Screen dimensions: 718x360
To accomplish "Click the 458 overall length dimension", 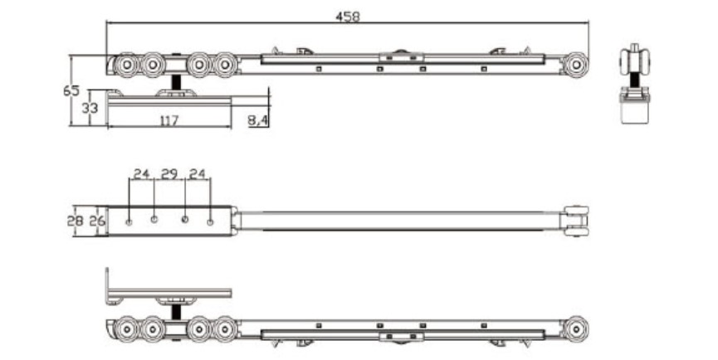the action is pyautogui.click(x=348, y=17).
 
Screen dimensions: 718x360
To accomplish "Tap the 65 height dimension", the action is pyautogui.click(x=71, y=90).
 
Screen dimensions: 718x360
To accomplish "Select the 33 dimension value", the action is pyautogui.click(x=90, y=109).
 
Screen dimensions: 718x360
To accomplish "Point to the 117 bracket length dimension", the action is pyautogui.click(x=169, y=121).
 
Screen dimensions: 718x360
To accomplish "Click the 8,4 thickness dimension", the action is pyautogui.click(x=258, y=120).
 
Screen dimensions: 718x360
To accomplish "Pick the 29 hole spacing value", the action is pyautogui.click(x=169, y=174).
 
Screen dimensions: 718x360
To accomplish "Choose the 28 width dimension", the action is pyautogui.click(x=75, y=221).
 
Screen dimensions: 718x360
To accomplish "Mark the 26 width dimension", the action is pyautogui.click(x=97, y=221).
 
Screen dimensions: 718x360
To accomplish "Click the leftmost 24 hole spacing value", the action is pyautogui.click(x=141, y=174).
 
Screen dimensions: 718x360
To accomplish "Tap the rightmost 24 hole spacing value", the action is pyautogui.click(x=198, y=174).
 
